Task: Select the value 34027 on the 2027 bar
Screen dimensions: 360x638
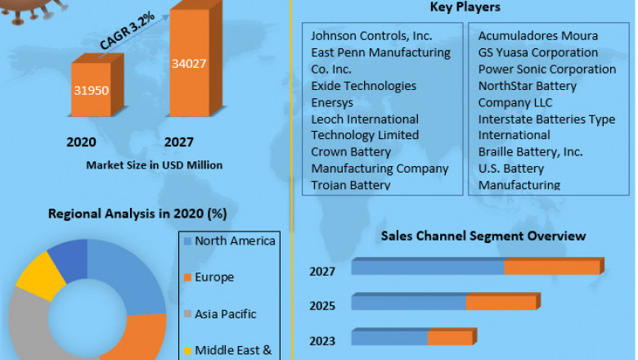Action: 190,63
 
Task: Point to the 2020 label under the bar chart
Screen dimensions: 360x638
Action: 82,142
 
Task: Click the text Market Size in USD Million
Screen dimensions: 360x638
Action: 155,164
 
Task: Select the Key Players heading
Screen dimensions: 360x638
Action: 465,7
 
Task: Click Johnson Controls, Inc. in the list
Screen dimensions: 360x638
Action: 371,36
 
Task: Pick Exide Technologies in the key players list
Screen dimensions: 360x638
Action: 363,86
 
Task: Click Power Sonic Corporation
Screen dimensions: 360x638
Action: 546,69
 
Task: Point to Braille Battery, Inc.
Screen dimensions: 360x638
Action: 530,151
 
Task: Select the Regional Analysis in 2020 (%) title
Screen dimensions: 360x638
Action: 137,214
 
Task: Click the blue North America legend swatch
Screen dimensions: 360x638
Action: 188,241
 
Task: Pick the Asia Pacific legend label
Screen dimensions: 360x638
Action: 226,314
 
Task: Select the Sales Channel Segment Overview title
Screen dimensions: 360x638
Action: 483,236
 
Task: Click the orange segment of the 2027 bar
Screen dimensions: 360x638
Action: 552,268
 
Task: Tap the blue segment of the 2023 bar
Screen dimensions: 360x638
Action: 389,337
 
